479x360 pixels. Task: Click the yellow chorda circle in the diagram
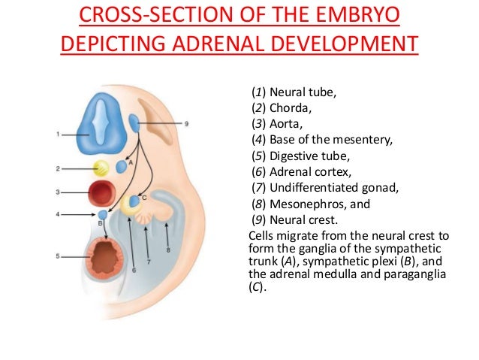100,168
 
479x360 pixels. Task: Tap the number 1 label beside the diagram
58,135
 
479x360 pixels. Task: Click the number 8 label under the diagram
167,249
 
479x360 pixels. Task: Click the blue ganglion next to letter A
122,166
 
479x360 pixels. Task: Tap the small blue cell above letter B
102,216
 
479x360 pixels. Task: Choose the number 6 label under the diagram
134,269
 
